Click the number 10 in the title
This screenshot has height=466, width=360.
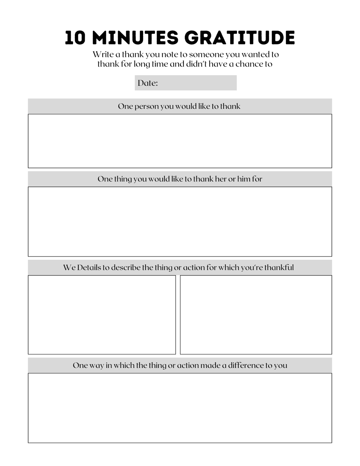coord(75,38)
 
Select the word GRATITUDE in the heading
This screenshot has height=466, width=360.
coord(239,38)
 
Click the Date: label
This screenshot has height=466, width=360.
coord(148,83)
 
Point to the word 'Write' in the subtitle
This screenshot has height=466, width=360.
coord(103,54)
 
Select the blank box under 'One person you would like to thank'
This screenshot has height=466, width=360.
coord(180,141)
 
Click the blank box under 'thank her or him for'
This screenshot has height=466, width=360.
coord(180,221)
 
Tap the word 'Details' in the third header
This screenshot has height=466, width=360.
coord(89,267)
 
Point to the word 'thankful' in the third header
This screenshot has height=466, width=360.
coord(279,267)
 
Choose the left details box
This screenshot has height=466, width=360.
coord(102,315)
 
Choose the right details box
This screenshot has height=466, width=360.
coord(256,315)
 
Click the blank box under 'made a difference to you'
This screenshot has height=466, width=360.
coord(180,408)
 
